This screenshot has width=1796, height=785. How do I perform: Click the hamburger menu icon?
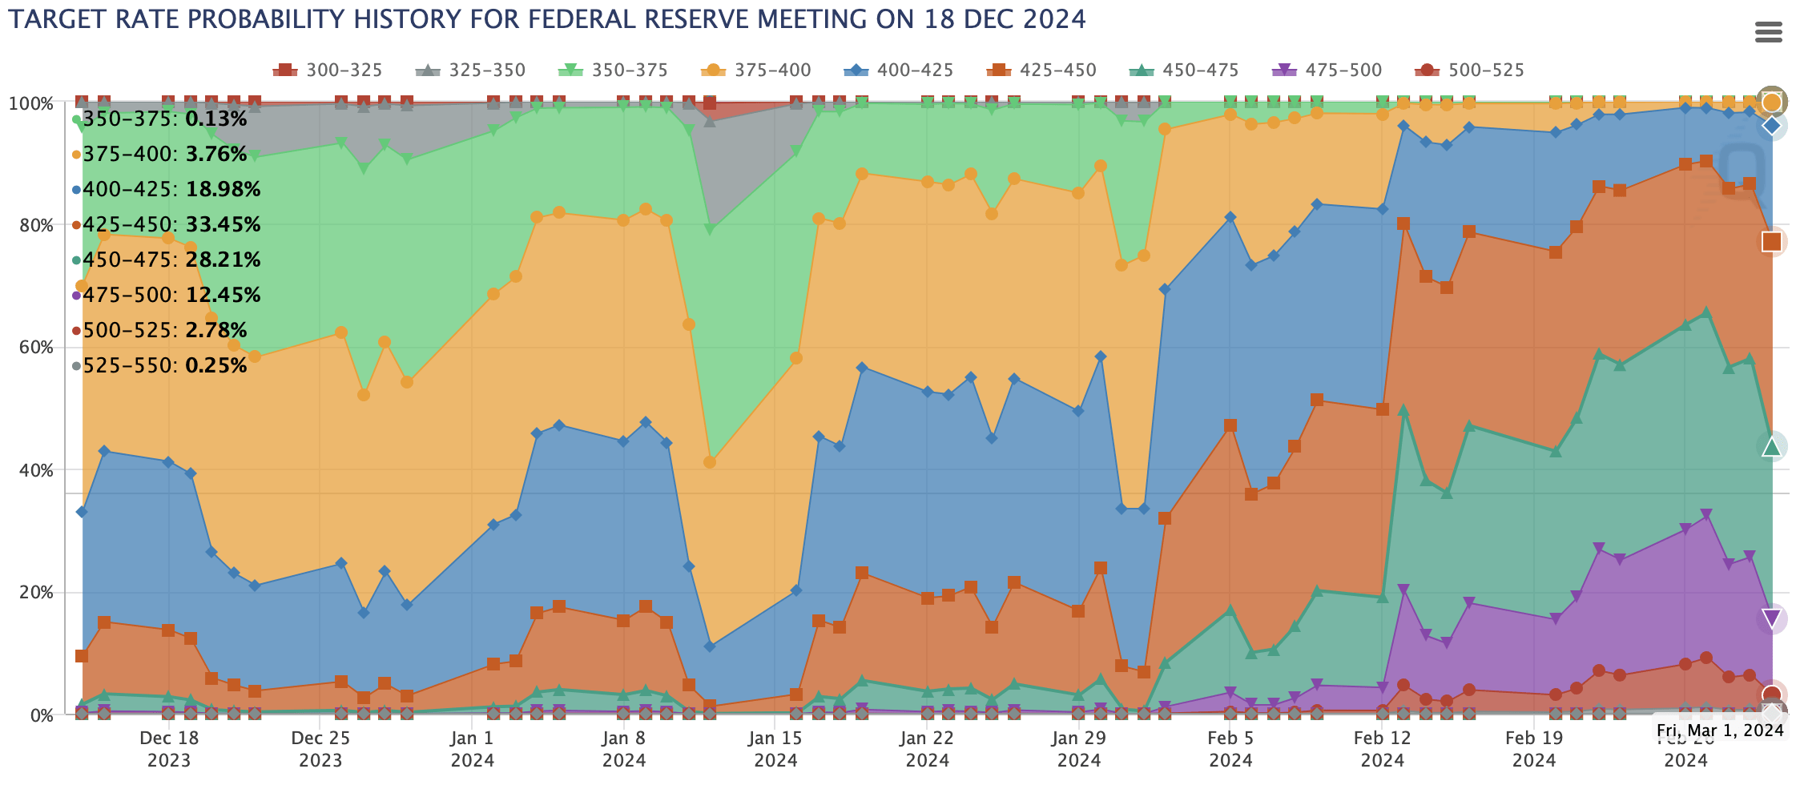click(1768, 33)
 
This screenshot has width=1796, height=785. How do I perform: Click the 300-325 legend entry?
click(328, 70)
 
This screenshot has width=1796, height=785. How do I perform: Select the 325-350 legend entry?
click(472, 70)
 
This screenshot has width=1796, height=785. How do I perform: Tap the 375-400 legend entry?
click(756, 70)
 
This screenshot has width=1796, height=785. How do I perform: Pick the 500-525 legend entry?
click(1469, 70)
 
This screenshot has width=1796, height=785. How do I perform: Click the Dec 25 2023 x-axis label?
click(320, 748)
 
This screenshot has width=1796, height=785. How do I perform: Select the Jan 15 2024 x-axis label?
click(775, 748)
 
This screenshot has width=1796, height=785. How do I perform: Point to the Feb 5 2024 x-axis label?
click(1230, 748)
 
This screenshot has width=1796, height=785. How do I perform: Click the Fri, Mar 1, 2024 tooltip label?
click(1719, 731)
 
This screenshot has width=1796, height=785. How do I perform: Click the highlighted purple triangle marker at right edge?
click(1771, 618)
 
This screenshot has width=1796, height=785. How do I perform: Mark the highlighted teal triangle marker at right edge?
click(1771, 447)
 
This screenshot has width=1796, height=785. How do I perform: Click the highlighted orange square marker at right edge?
click(1771, 241)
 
